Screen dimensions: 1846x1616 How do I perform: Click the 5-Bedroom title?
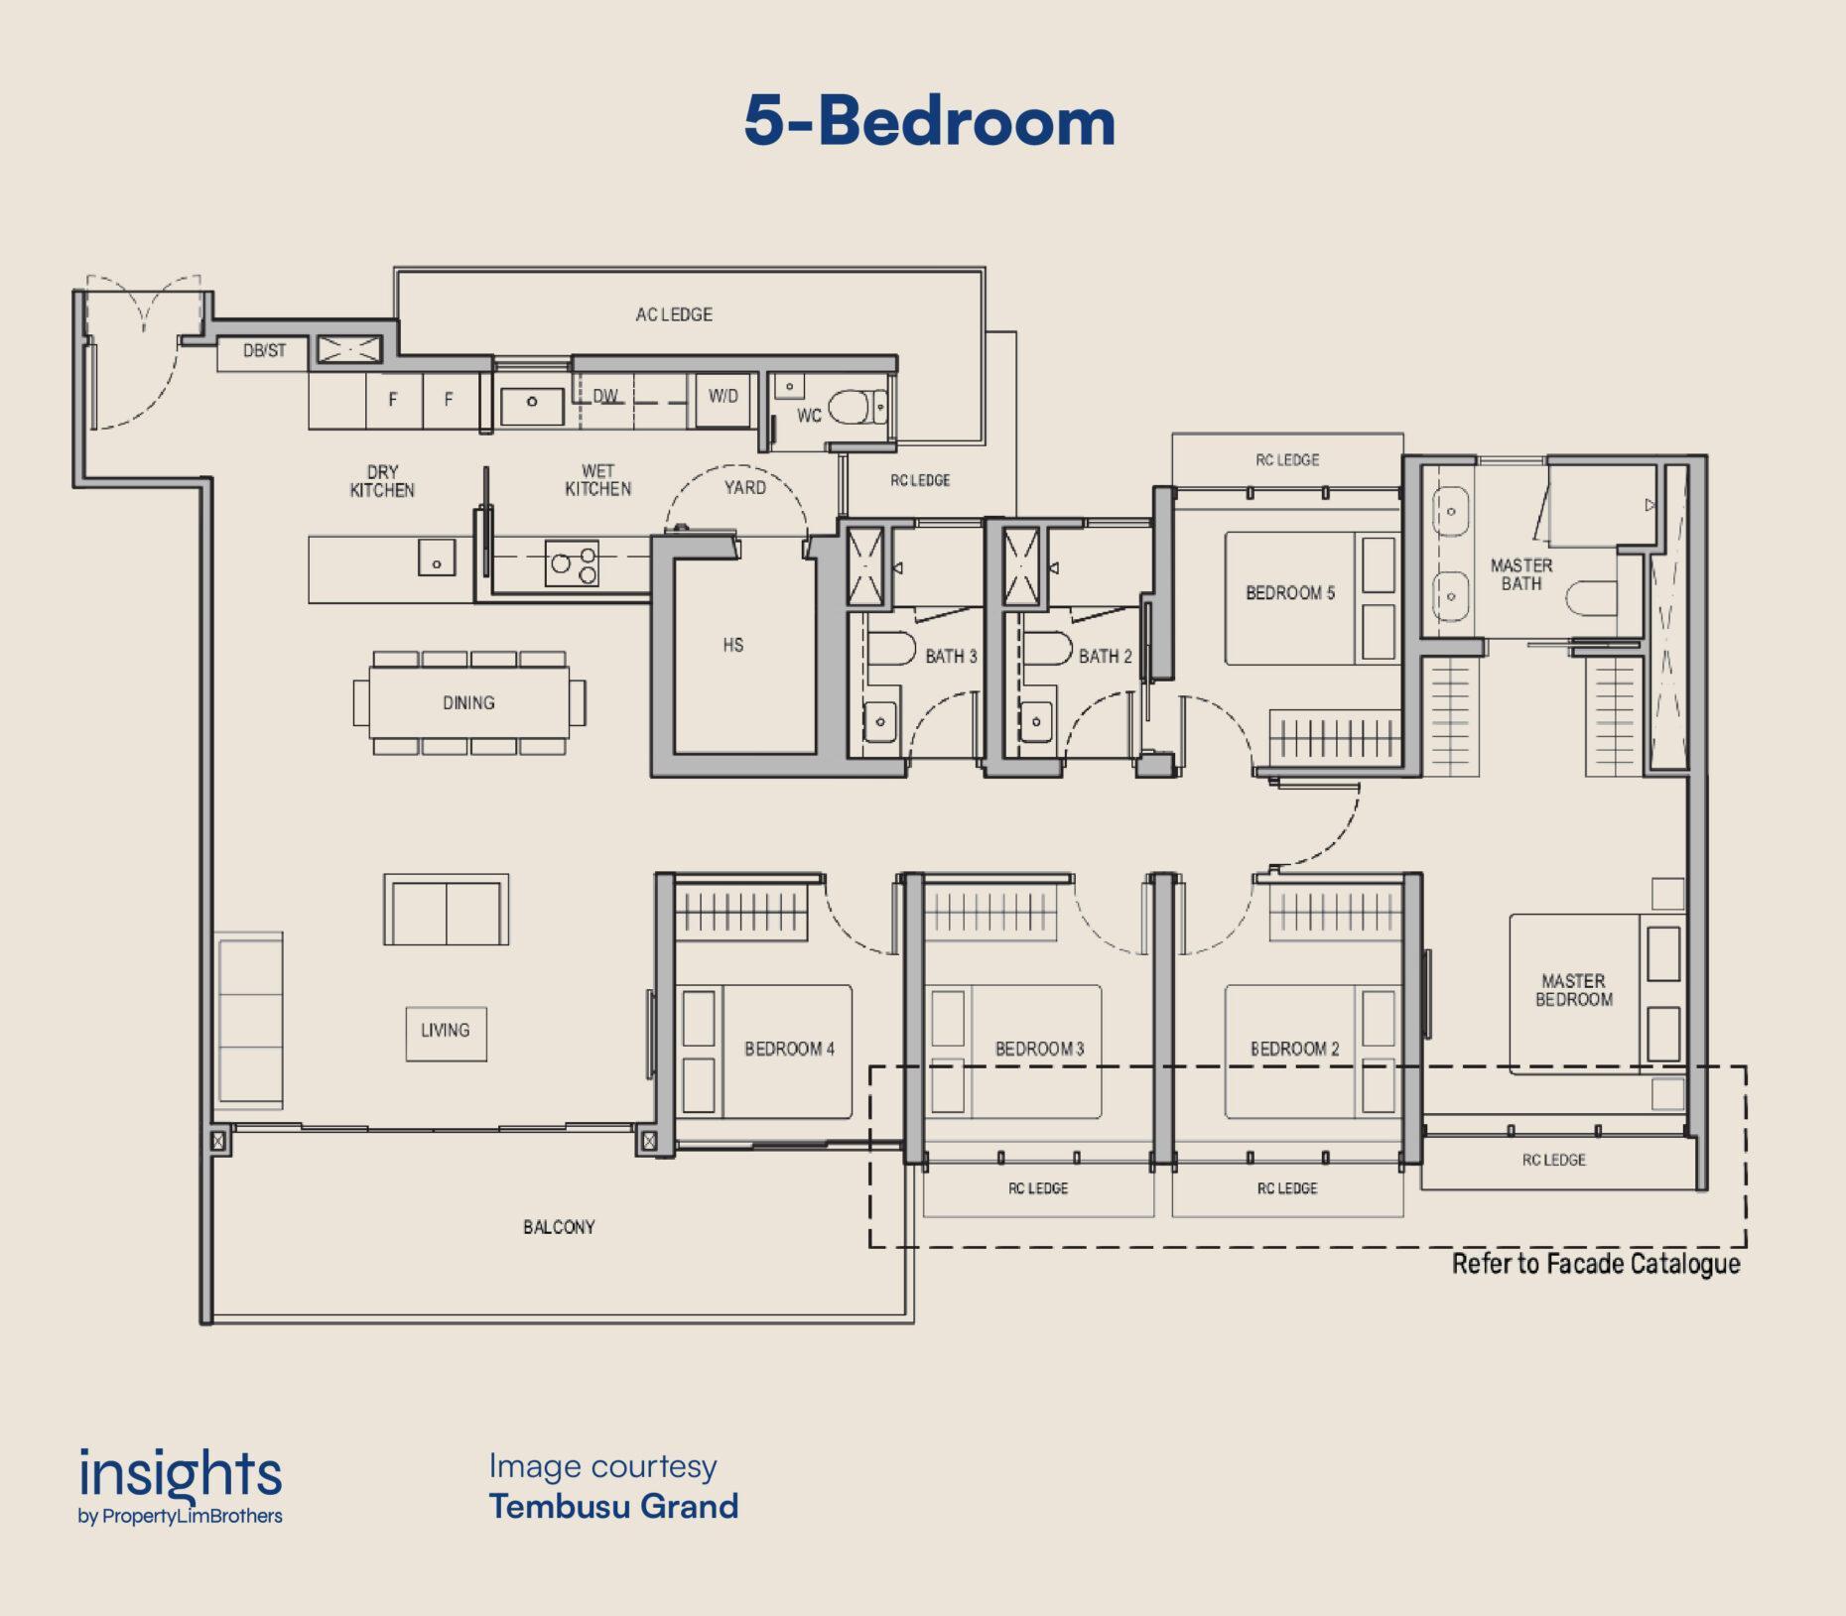coord(930,121)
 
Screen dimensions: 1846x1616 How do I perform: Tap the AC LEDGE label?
coord(674,314)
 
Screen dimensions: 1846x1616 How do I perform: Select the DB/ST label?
coord(264,350)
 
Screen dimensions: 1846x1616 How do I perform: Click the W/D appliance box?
coord(723,400)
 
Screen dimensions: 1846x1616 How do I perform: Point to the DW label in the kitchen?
coord(605,396)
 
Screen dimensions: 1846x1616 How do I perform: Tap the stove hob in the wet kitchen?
coord(573,563)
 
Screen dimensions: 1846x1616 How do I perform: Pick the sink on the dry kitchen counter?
coord(436,558)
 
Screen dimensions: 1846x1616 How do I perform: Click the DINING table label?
coord(468,702)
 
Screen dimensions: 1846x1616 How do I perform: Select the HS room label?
coord(733,645)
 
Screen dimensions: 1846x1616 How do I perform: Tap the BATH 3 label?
coord(951,656)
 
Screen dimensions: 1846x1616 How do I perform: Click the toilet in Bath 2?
coord(1048,648)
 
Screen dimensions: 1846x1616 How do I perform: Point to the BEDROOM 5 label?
coord(1290,593)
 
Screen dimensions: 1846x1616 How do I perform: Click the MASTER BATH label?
coord(1521,574)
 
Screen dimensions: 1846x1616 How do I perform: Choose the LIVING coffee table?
coord(446,1034)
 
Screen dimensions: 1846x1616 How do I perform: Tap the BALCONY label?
coord(559,1227)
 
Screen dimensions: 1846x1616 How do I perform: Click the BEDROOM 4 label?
coord(790,1049)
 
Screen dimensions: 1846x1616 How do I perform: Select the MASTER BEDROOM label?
coord(1574,990)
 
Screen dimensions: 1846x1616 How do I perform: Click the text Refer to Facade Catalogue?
coord(1596,1264)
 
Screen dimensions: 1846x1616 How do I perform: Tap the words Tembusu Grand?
coord(614,1506)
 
